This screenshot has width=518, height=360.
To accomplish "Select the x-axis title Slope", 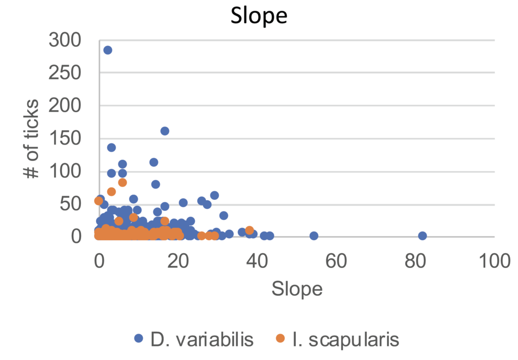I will point(297,289).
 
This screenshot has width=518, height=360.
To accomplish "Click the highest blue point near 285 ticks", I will point(108,50).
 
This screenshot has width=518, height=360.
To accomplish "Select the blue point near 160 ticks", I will point(164,131).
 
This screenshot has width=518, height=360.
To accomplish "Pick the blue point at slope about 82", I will point(422,236).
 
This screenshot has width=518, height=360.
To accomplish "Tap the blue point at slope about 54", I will point(314,236).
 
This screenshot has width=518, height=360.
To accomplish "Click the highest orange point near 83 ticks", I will point(122,183).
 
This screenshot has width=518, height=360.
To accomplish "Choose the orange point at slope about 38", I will point(249,231).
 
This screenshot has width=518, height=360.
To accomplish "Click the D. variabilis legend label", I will point(201,339).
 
